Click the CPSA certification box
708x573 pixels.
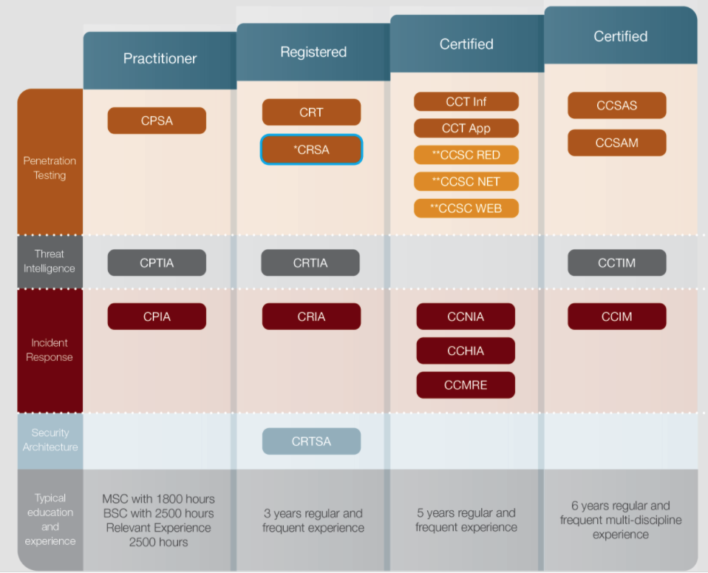157,121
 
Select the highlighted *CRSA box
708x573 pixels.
311,149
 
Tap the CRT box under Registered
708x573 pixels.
311,112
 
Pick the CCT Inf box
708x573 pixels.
466,101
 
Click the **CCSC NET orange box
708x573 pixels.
466,181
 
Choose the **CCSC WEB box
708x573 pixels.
466,208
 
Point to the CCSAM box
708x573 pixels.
616,143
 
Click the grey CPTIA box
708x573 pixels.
157,262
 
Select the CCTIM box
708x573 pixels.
616,262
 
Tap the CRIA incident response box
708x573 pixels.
311,316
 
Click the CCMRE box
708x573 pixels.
466,384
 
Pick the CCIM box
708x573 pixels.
616,316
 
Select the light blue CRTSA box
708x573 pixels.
311,441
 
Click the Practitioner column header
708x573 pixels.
160,58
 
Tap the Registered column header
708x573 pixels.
313,52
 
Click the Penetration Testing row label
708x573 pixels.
50,168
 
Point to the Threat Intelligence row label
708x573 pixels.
50,261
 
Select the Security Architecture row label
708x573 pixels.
50,440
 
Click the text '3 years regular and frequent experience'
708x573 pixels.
313,521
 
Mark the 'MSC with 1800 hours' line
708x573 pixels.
158,498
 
